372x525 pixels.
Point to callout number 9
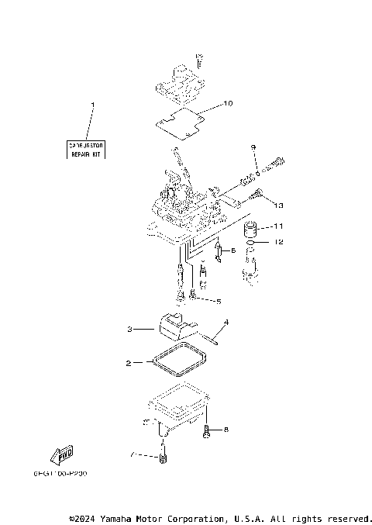pyautogui.click(x=253, y=147)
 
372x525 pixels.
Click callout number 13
pyautogui.click(x=279, y=206)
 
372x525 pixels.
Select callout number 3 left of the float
pyautogui.click(x=132, y=330)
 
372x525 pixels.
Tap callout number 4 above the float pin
pyautogui.click(x=226, y=322)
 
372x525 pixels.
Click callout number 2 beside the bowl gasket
pyautogui.click(x=129, y=362)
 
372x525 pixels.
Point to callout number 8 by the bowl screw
pyautogui.click(x=226, y=429)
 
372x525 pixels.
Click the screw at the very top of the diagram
pyautogui.click(x=200, y=59)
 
